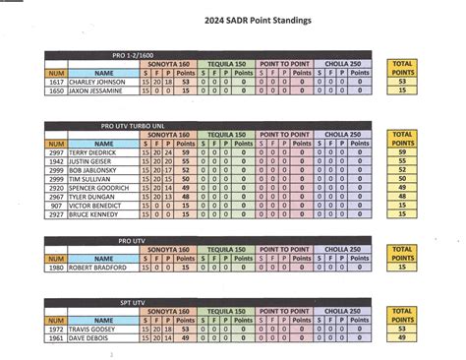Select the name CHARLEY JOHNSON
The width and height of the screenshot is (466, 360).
point(97,82)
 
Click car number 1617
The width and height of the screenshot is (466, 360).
point(55,82)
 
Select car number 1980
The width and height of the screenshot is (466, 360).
point(55,267)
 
